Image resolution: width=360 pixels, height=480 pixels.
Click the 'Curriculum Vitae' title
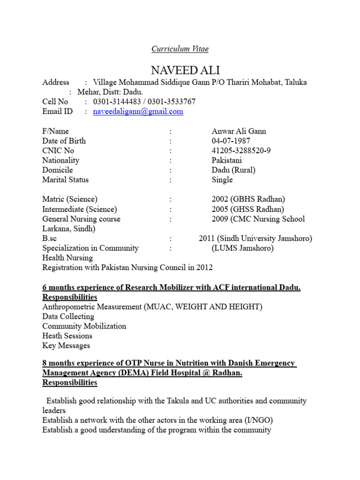pos(180,49)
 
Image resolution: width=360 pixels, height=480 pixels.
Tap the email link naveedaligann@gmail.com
pos(138,112)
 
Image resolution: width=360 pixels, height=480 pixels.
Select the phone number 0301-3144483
pos(117,102)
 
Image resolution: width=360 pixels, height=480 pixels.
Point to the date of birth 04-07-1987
pos(231,141)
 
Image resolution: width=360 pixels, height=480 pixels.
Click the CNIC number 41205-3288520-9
pos(241,150)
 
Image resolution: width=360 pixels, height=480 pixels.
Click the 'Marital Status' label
pos(65,180)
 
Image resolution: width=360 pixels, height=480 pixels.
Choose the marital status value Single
pos(222,180)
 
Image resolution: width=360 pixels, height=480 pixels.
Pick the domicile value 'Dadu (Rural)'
pos(233,170)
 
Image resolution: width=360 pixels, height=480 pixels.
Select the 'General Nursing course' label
pos(81,219)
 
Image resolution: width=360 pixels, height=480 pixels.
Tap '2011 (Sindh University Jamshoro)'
pos(255,238)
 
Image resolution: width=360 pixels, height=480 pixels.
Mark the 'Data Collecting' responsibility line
pos(68,316)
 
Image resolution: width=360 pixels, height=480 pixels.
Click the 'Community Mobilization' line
pos(84,326)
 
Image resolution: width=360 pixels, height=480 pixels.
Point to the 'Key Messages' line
pos(66,345)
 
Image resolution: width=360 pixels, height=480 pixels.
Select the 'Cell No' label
pos(55,102)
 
